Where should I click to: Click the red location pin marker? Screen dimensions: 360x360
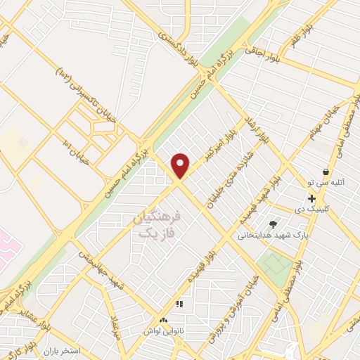pos(181,165)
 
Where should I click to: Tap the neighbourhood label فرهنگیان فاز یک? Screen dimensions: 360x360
pos(156,224)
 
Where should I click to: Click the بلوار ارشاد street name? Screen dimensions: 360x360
pos(255,128)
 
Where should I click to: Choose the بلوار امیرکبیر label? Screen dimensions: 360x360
pos(219,146)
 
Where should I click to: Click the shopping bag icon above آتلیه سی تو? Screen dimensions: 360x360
pos(326,172)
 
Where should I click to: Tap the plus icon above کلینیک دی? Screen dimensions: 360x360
pos(311,199)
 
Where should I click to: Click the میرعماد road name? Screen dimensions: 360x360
pos(117,323)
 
